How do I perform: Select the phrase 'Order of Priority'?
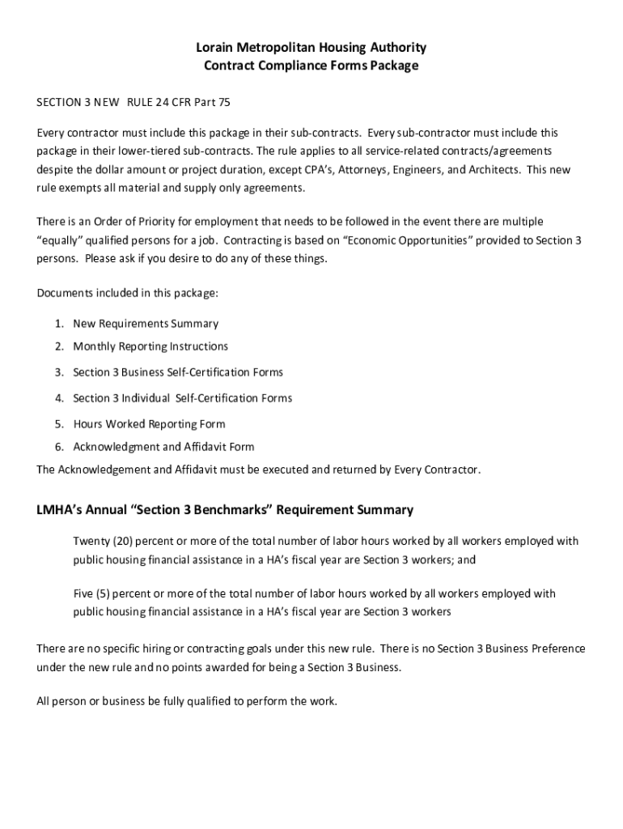click(125, 222)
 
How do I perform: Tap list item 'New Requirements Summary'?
click(146, 324)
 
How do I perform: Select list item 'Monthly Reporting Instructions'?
click(150, 346)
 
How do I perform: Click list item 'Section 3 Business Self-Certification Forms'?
click(178, 372)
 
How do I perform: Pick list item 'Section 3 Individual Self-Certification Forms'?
click(183, 398)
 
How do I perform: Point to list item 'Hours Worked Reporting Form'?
click(149, 424)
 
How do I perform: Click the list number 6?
click(59, 447)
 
